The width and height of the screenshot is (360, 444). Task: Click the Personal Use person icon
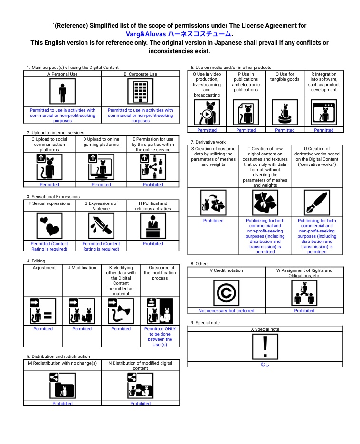(62, 92)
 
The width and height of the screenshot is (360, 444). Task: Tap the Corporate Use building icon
(140, 92)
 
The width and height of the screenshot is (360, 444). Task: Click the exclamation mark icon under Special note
(265, 346)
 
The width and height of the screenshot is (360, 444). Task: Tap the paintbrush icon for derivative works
(317, 203)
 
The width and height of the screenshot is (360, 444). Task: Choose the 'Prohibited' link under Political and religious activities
(153, 244)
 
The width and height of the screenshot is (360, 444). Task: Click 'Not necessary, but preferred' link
(226, 311)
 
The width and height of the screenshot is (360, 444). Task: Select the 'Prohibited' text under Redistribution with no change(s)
(62, 404)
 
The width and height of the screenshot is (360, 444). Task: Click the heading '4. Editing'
(36, 261)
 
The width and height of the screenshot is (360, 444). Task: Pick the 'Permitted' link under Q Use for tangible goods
(284, 130)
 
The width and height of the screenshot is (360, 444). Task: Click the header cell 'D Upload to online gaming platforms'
(101, 142)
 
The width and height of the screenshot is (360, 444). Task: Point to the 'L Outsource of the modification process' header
(160, 273)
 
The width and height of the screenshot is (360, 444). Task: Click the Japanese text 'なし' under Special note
(265, 365)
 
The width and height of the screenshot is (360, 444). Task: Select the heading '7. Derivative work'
(208, 142)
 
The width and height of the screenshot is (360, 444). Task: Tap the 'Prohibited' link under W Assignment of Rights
(304, 311)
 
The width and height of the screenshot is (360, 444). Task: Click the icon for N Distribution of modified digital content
(140, 385)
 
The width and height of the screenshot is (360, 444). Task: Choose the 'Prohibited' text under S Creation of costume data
(213, 221)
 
